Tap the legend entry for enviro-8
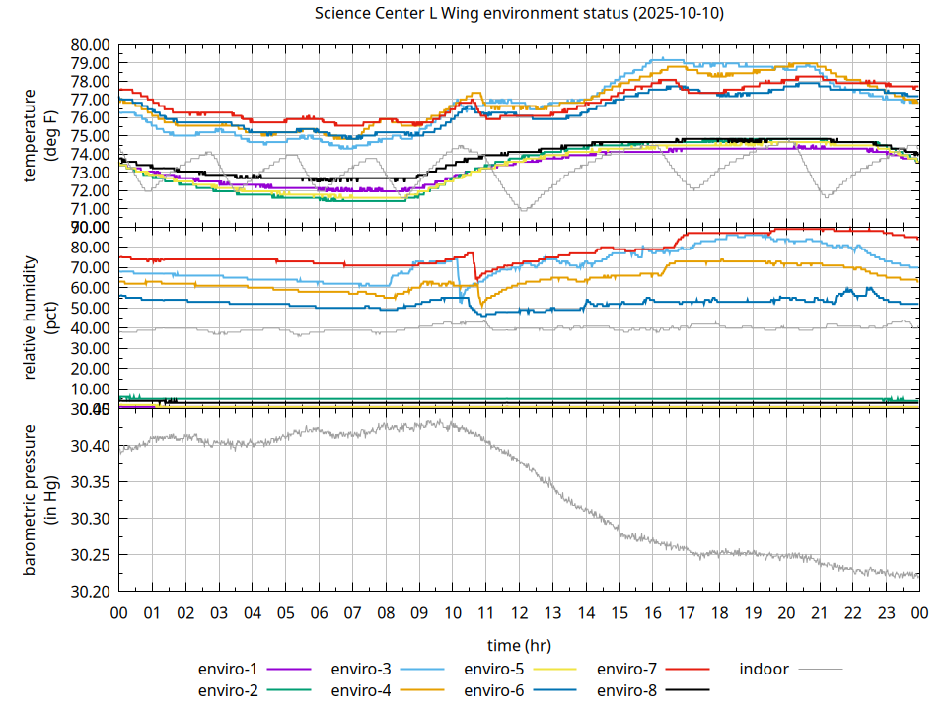(x=626, y=690)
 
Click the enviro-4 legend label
(x=361, y=690)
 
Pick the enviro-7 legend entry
(x=626, y=669)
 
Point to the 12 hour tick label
(x=519, y=612)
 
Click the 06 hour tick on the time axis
(x=319, y=612)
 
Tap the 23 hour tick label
(x=886, y=612)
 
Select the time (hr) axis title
(x=519, y=645)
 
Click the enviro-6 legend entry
(x=493, y=690)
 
